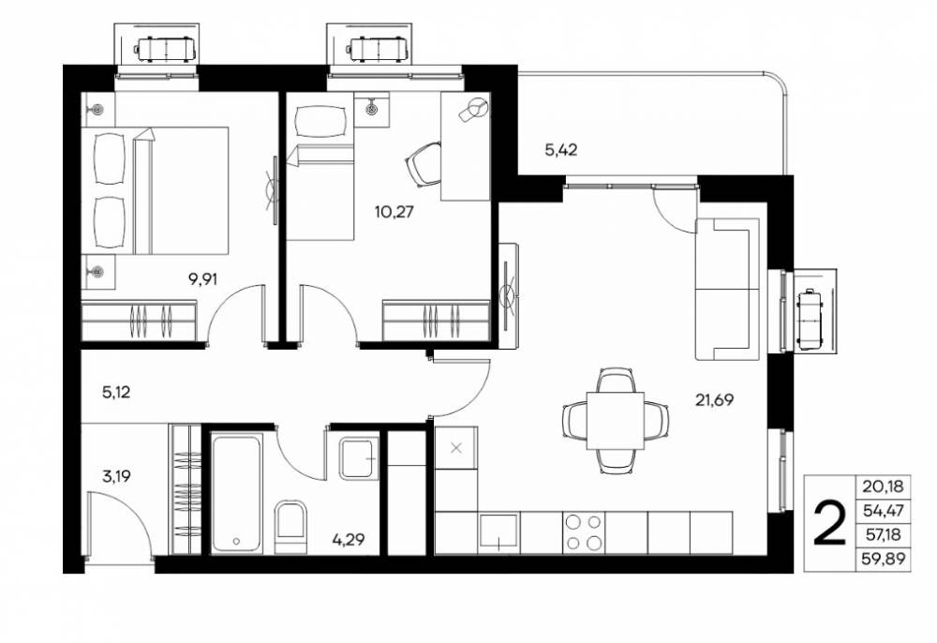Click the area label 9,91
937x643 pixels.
tap(202, 279)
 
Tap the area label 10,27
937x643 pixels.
tap(394, 212)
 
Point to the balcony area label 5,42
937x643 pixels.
tap(560, 150)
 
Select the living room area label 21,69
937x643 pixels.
tap(714, 399)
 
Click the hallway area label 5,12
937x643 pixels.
tap(116, 393)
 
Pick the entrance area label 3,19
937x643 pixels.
tap(116, 476)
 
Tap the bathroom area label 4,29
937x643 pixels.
tap(349, 540)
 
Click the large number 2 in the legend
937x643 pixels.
tap(830, 523)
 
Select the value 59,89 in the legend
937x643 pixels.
tap(884, 559)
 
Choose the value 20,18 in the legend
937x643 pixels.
tap(884, 487)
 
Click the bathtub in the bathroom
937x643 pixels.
tap(237, 494)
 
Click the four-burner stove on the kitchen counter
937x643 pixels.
tap(584, 532)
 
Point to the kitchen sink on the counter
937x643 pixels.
tap(499, 532)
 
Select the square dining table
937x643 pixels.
tap(615, 421)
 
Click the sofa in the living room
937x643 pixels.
tap(727, 289)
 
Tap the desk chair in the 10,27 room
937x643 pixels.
tap(424, 164)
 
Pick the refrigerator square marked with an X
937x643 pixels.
tap(456, 448)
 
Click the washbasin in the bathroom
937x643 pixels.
tap(359, 457)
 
